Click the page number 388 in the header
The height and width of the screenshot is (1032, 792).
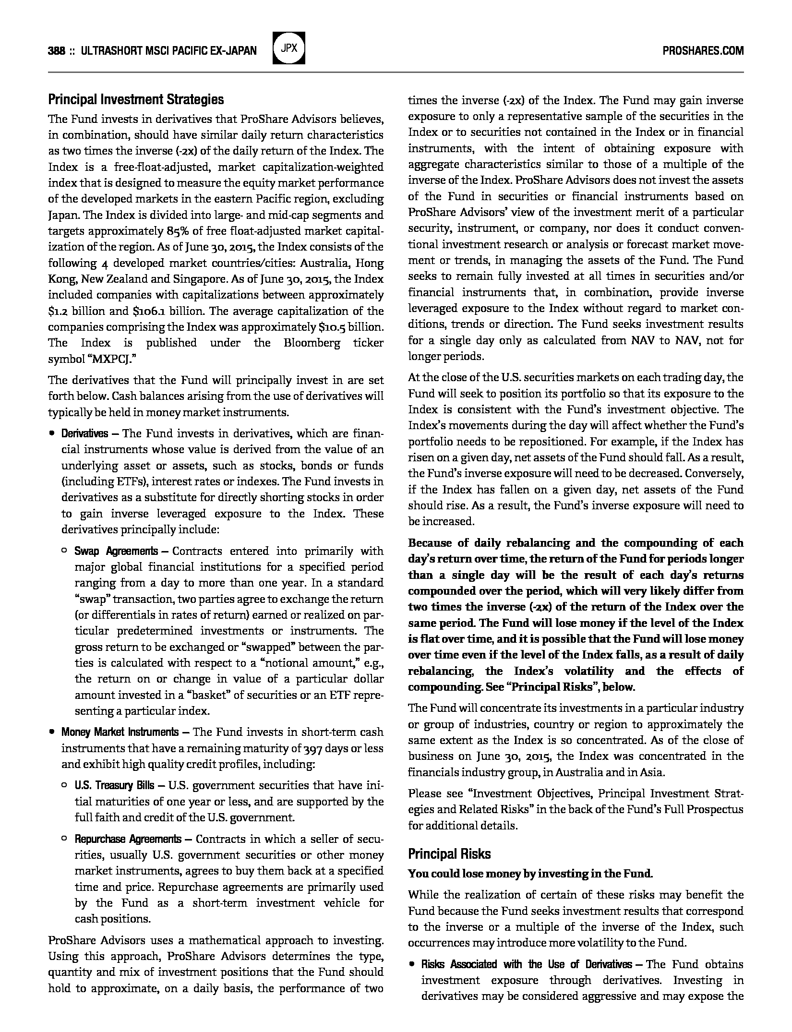[57, 51]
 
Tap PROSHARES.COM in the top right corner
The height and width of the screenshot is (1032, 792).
[703, 51]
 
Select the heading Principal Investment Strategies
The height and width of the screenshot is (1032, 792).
[136, 100]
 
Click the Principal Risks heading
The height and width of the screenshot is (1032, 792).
[449, 854]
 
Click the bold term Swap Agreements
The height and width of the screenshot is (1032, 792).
[116, 551]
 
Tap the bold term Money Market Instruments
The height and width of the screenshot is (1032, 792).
[120, 732]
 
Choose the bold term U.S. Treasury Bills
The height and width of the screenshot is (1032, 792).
[114, 785]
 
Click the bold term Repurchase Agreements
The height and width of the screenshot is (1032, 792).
[128, 839]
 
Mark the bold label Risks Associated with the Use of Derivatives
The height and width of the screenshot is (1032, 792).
[527, 964]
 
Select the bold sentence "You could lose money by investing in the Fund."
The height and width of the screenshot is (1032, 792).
[530, 874]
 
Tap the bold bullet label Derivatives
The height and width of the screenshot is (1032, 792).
[84, 434]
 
